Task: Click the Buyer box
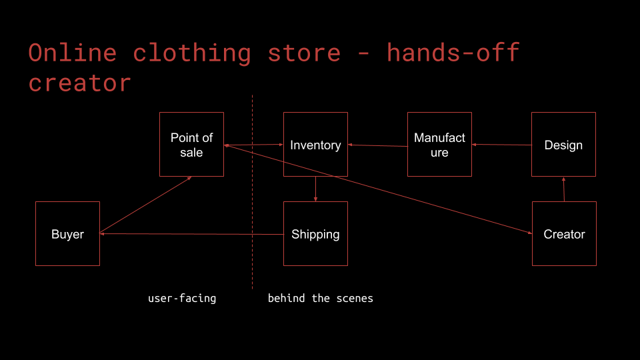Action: [67, 234]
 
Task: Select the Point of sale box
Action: [191, 145]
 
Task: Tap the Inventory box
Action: [315, 145]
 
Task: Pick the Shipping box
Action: [315, 234]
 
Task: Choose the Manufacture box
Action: [439, 145]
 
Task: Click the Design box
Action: [563, 145]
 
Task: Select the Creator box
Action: [564, 234]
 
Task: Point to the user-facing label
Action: [182, 298]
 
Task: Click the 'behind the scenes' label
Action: [321, 298]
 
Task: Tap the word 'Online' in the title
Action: [73, 53]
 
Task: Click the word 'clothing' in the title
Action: [192, 53]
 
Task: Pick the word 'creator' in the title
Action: [80, 83]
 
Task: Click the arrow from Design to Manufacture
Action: [501, 145]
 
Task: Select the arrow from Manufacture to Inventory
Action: [377, 145]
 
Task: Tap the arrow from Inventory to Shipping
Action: [315, 189]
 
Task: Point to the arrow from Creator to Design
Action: [564, 189]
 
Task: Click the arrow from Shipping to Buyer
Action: [191, 234]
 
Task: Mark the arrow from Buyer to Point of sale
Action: [145, 205]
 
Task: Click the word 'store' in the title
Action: [304, 53]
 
